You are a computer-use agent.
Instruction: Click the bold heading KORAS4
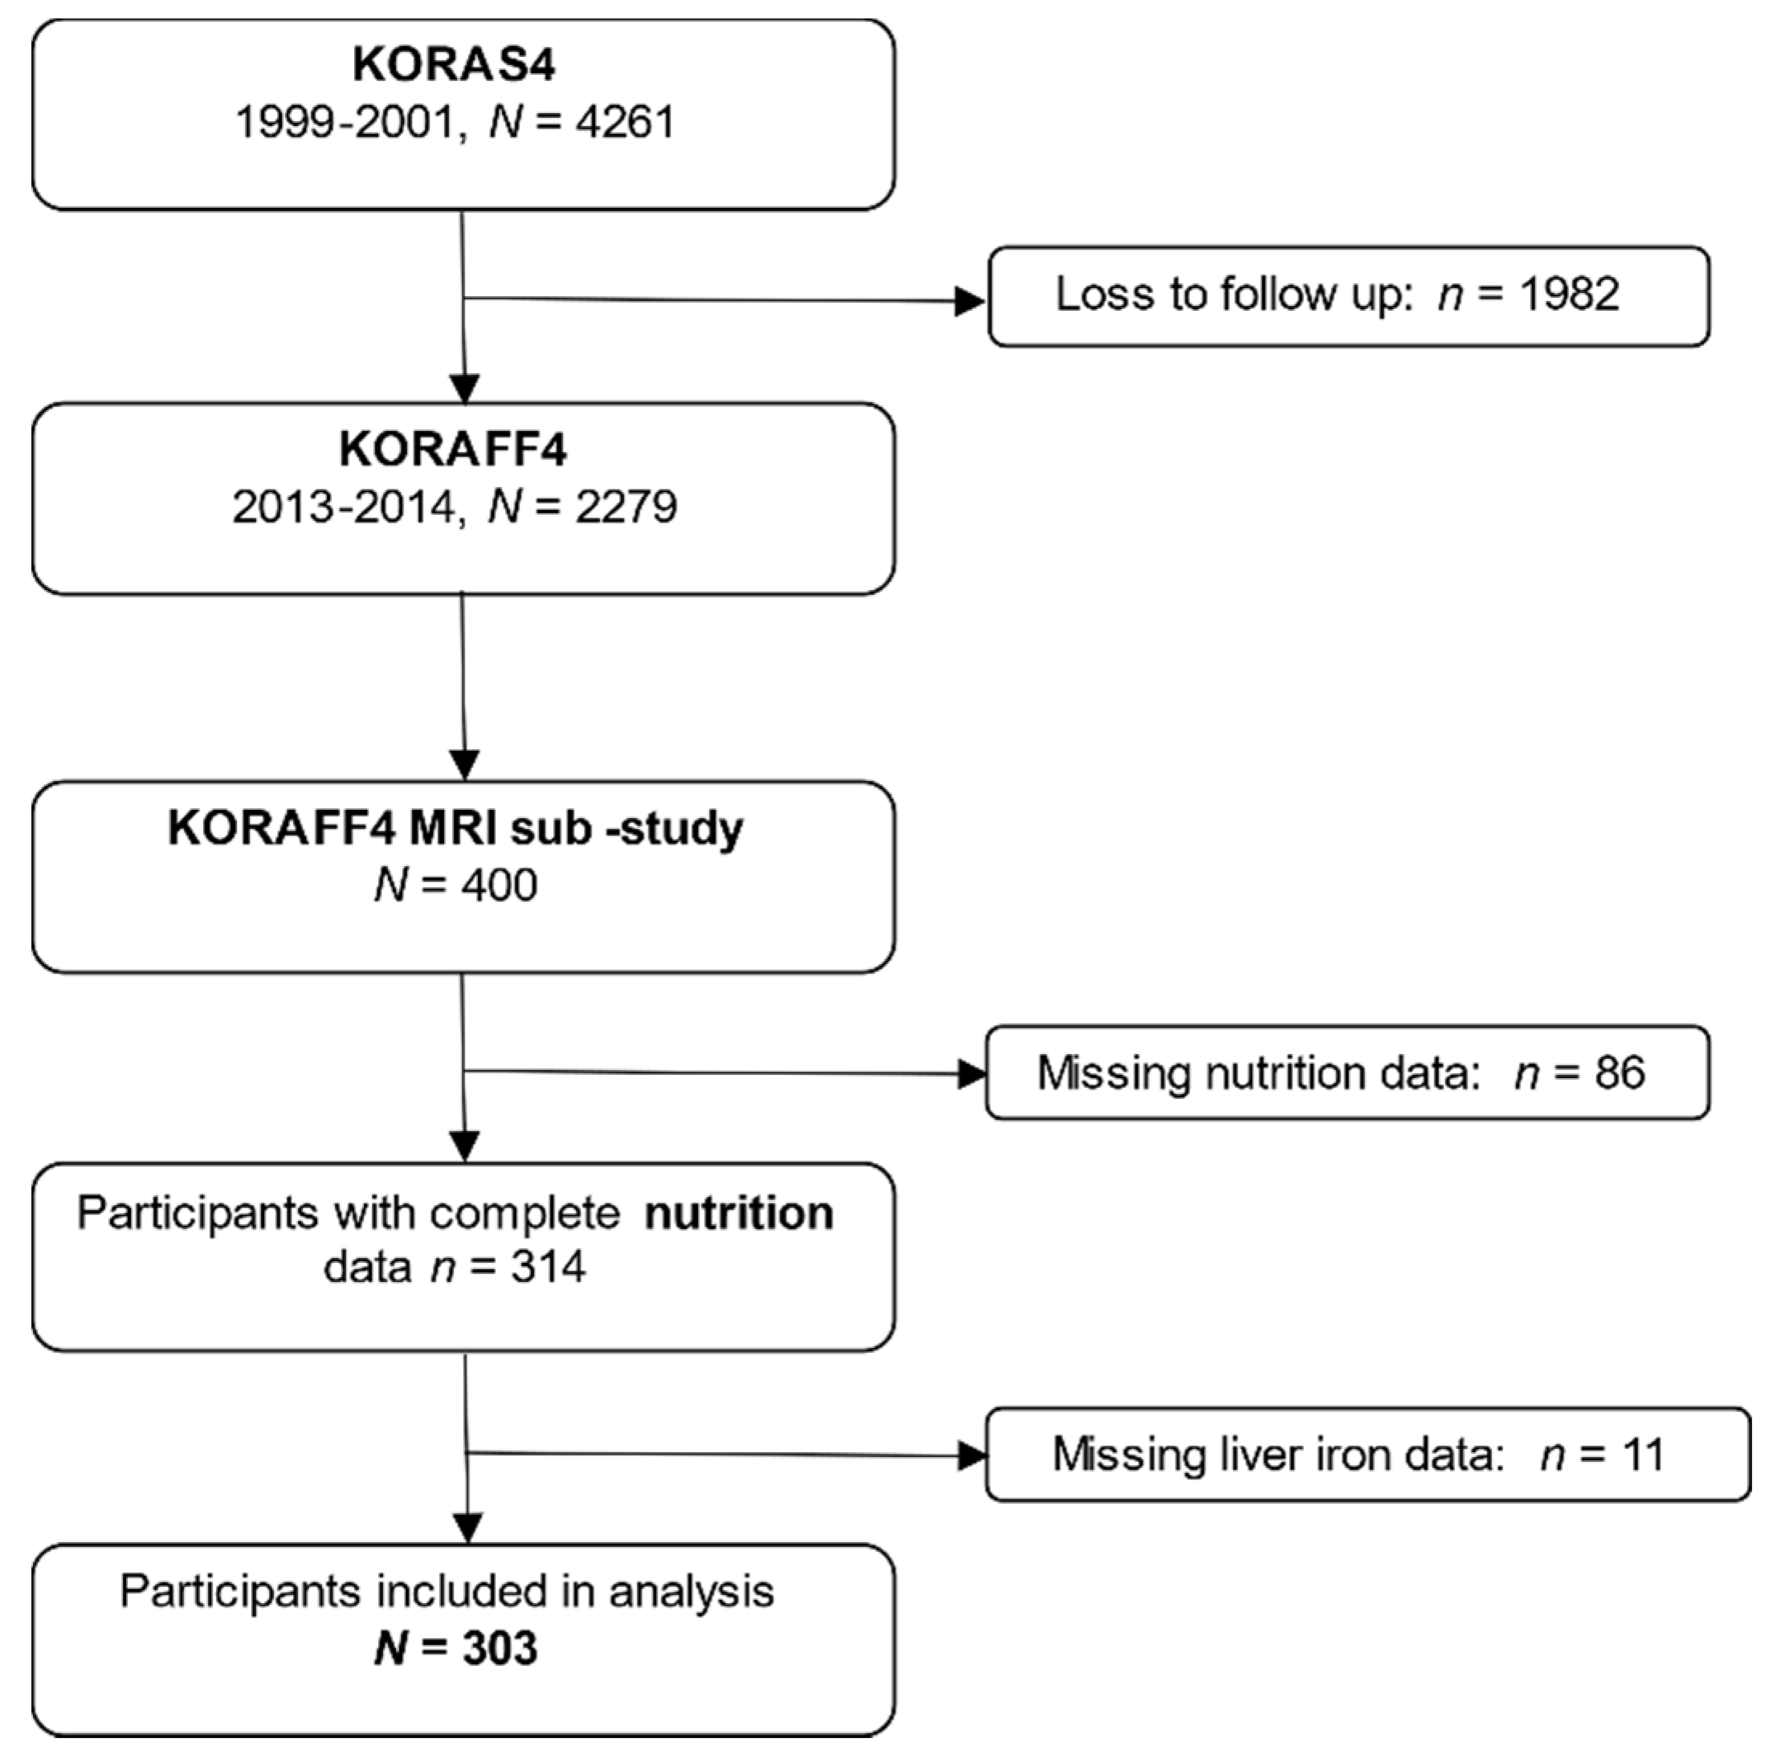click(454, 64)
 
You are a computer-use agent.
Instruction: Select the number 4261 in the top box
click(624, 122)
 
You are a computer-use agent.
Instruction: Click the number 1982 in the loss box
click(1568, 295)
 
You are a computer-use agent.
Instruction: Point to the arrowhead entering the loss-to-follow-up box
click(969, 301)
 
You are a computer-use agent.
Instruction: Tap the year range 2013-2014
click(342, 507)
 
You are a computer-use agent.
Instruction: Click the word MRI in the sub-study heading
click(450, 828)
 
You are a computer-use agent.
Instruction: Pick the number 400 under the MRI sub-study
click(499, 885)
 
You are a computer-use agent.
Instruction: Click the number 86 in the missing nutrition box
click(1620, 1072)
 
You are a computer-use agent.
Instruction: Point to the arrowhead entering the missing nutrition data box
click(970, 1073)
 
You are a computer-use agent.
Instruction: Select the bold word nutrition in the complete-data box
click(739, 1213)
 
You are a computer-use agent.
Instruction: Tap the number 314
click(547, 1267)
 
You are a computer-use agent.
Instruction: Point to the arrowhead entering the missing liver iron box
click(970, 1455)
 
